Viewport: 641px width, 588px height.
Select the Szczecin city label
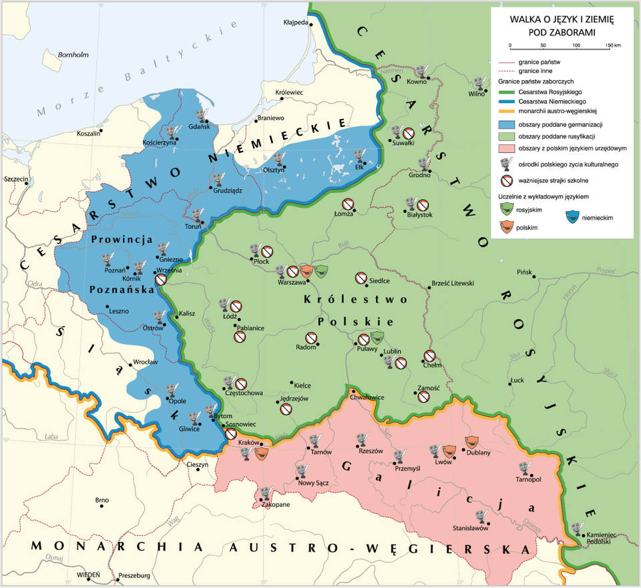click(x=16, y=180)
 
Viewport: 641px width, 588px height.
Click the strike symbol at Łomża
click(x=348, y=204)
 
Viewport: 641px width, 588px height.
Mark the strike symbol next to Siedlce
click(x=361, y=277)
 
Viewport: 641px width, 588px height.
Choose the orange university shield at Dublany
click(x=472, y=442)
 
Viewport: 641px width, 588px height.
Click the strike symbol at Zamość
click(x=424, y=397)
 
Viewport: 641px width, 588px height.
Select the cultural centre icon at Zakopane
click(x=266, y=493)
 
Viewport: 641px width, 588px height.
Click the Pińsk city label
click(x=525, y=273)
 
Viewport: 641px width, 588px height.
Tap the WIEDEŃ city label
click(x=89, y=574)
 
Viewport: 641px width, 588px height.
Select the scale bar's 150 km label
click(x=613, y=45)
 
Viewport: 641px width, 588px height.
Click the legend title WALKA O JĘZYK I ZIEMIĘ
click(x=562, y=21)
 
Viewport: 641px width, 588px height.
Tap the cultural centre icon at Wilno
click(x=477, y=84)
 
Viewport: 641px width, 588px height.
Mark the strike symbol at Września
click(x=161, y=280)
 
